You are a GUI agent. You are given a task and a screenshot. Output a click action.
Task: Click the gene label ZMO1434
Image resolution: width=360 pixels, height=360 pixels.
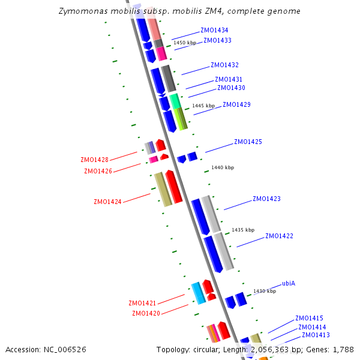214,30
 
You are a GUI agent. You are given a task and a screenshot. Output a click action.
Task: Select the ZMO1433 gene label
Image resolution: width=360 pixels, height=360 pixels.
217,40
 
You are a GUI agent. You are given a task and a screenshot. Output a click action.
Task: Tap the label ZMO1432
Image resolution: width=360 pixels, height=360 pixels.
224,65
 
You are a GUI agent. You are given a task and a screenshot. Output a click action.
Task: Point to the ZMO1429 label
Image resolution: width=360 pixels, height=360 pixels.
236,104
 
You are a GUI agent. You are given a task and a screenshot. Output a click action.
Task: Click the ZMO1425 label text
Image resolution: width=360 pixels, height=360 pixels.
248,142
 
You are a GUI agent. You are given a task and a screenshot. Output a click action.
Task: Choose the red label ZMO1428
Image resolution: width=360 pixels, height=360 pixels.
94,160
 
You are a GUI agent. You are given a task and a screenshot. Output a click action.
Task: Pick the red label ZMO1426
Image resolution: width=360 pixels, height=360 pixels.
98,171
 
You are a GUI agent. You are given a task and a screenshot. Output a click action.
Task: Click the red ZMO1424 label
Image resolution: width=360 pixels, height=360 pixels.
107,202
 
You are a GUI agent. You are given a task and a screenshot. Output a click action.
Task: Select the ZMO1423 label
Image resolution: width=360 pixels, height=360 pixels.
266,199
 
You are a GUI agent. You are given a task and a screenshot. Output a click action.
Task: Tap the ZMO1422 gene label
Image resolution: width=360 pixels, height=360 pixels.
279,236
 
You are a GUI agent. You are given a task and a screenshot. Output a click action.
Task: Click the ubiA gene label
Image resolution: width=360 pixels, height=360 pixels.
289,283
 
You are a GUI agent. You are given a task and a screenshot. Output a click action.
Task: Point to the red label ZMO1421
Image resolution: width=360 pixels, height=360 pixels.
142,303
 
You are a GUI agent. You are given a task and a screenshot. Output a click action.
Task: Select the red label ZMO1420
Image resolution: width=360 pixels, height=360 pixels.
146,313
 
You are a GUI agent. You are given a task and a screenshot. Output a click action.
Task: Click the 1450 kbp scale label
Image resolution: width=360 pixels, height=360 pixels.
185,43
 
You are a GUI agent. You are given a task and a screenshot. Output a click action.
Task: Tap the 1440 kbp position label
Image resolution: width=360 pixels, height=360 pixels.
223,167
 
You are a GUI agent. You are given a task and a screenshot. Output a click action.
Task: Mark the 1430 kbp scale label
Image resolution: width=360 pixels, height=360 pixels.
265,291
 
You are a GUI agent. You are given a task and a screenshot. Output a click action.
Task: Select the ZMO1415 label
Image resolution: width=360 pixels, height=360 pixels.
309,318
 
